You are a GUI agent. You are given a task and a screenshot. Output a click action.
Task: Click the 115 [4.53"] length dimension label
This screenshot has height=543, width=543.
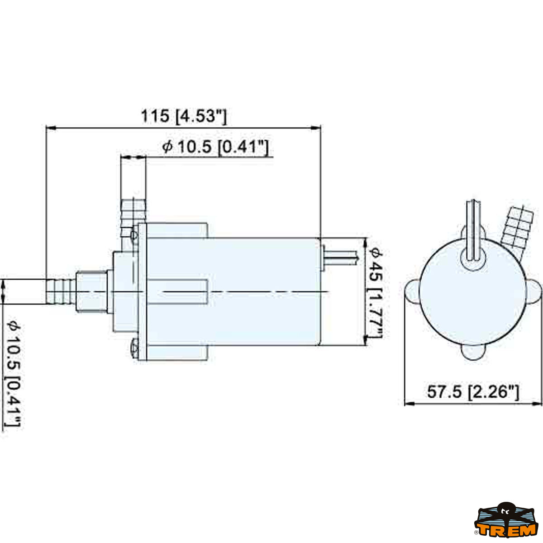pyautogui.click(x=184, y=116)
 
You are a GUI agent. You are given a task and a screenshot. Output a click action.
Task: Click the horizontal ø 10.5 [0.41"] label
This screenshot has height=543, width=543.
pyautogui.click(x=215, y=147)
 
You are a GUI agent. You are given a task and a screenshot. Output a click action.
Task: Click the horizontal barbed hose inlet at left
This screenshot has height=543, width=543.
pyautogui.click(x=61, y=291)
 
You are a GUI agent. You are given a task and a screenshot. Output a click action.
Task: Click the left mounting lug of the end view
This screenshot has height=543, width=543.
pyautogui.click(x=412, y=291)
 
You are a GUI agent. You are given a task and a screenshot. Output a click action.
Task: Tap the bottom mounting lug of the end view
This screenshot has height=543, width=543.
pyautogui.click(x=473, y=352)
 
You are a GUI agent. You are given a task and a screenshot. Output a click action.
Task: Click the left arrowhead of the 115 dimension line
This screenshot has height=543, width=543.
pyautogui.click(x=51, y=128)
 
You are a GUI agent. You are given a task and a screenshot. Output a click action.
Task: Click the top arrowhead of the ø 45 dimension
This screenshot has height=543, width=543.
pyautogui.click(x=366, y=243)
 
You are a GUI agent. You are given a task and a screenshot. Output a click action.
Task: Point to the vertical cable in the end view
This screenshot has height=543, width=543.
pyautogui.click(x=473, y=230)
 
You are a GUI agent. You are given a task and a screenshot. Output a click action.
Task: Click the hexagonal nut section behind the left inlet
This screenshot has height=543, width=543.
pyautogui.click(x=91, y=291)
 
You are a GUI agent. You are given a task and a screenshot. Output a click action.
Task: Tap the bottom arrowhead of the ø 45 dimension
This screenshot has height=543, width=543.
pyautogui.click(x=366, y=340)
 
